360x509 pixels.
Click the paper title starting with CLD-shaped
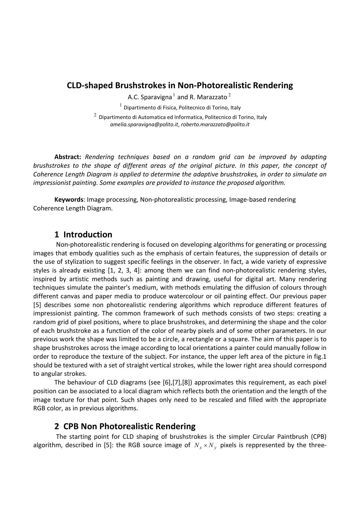pos(180,86)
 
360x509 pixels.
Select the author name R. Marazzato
pos(208,97)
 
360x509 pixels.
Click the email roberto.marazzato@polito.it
pos(215,125)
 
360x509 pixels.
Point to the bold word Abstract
pos(68,157)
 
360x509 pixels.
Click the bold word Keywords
pos(69,200)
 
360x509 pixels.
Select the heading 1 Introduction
pos(83,234)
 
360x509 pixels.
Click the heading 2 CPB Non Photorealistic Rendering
pos(125,426)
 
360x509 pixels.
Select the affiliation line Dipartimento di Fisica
pos(182,108)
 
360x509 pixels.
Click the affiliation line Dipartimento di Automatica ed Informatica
pos(183,117)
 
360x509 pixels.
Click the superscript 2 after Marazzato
pos(229,95)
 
